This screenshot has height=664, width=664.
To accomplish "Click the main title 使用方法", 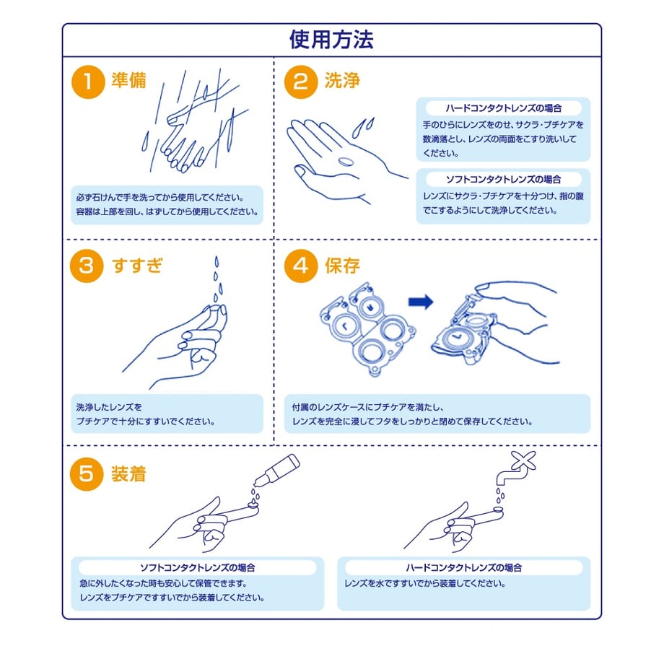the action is (331, 40).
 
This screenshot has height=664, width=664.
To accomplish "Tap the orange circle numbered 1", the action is (88, 82).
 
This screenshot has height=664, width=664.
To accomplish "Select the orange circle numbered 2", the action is (301, 82).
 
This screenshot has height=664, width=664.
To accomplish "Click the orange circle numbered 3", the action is (87, 266).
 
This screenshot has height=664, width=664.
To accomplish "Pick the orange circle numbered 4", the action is (301, 266).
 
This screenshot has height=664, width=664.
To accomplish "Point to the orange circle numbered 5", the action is (87, 474).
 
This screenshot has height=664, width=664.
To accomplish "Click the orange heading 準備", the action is (128, 80).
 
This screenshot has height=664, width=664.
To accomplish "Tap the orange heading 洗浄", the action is (342, 80).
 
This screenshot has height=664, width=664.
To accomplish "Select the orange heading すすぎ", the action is (137, 266).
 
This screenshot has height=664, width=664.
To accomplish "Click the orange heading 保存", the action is (342, 266).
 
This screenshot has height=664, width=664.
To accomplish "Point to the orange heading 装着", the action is (128, 474).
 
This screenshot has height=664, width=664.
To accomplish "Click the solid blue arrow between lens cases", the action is (421, 302).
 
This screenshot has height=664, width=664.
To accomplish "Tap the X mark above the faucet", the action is (523, 460).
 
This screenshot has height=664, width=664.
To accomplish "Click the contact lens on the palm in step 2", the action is (346, 162).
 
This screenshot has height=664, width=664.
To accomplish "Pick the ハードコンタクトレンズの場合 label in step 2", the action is (504, 108).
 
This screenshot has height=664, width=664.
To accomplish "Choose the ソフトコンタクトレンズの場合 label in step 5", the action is (198, 567).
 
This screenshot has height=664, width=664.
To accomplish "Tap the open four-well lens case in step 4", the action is (367, 328).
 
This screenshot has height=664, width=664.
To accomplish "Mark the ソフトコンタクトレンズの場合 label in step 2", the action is (504, 180).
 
